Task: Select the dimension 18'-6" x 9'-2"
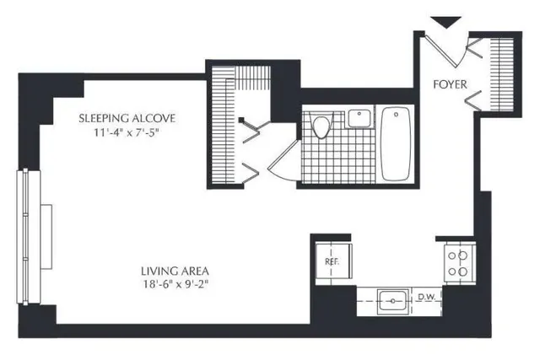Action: [175, 285]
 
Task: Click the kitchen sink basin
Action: [391, 298]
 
